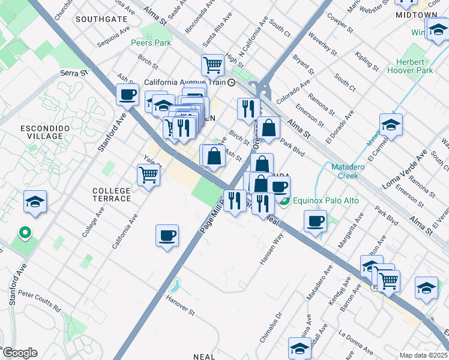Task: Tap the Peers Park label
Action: (x=151, y=43)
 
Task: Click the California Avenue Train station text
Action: (x=184, y=82)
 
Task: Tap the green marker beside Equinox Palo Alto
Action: (x=286, y=201)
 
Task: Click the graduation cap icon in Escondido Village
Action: (x=35, y=201)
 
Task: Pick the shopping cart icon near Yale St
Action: (x=148, y=175)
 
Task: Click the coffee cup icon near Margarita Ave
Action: (x=315, y=220)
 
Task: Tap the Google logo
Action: (x=20, y=353)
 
